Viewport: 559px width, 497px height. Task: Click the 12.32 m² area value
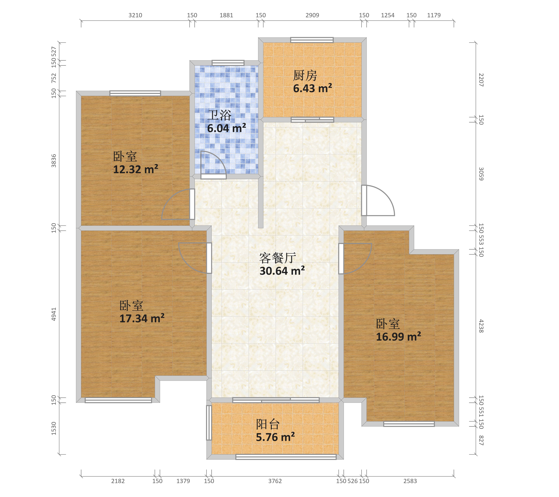pyautogui.click(x=136, y=169)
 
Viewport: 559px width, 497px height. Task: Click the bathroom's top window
pyautogui.click(x=228, y=63)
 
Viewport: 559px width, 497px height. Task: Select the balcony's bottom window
pyautogui.click(x=286, y=457)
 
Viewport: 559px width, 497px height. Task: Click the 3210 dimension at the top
pyautogui.click(x=135, y=15)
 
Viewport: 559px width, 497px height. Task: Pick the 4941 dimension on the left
pyautogui.click(x=54, y=314)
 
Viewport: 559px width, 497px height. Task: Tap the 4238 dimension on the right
pyautogui.click(x=481, y=326)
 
